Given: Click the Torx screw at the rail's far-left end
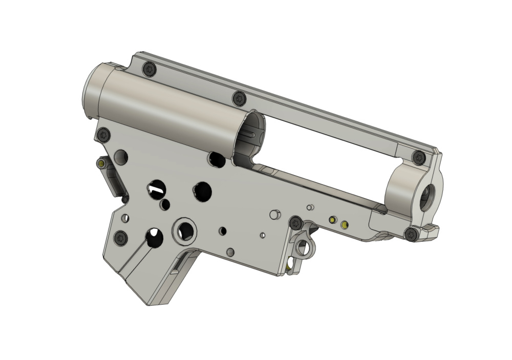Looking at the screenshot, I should (x=149, y=68).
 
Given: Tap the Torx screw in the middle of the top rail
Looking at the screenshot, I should (x=238, y=97).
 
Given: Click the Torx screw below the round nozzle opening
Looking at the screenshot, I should (x=411, y=235).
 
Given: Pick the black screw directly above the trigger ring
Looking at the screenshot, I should (x=295, y=223).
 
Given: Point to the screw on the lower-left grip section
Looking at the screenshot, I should (x=121, y=237).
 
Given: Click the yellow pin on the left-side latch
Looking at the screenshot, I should (x=101, y=163).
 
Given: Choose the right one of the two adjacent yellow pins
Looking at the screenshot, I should (x=344, y=224).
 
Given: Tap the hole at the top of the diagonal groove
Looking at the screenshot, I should (x=154, y=237).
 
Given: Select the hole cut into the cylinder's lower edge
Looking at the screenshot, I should (x=216, y=160).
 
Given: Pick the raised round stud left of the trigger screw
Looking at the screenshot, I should (x=275, y=215).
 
